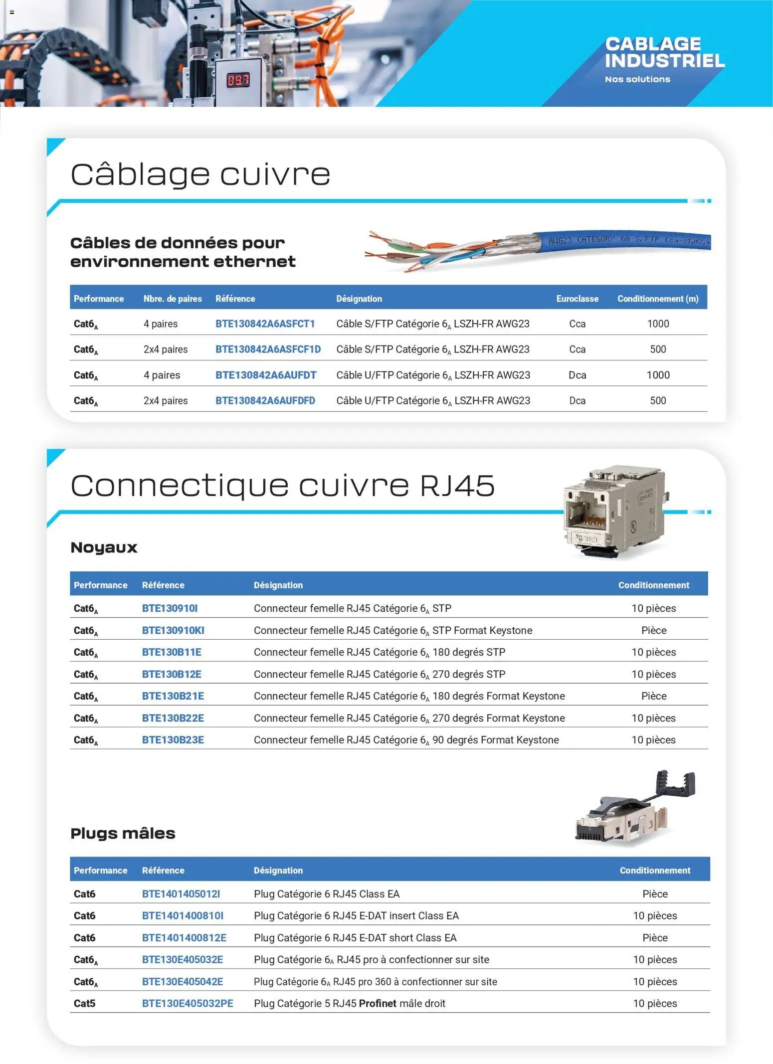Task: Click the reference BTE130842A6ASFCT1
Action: (x=265, y=324)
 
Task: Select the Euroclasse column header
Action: (x=577, y=299)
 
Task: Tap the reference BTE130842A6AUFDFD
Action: (x=265, y=400)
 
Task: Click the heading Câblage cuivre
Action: (x=200, y=174)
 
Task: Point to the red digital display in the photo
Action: (x=238, y=80)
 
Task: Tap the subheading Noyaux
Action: (x=104, y=547)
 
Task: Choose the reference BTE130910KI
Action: (x=173, y=630)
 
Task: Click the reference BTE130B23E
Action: (x=173, y=739)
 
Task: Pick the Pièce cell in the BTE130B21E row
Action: (x=653, y=696)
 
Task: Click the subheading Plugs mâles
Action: (x=123, y=833)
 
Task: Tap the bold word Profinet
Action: (x=378, y=1003)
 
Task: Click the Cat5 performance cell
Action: (x=84, y=1003)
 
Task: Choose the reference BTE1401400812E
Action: (x=184, y=937)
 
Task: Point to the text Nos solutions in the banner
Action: (x=637, y=79)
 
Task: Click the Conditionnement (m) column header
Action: (x=657, y=299)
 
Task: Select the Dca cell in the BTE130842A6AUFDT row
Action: (x=577, y=375)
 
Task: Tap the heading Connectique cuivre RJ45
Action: (x=282, y=485)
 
